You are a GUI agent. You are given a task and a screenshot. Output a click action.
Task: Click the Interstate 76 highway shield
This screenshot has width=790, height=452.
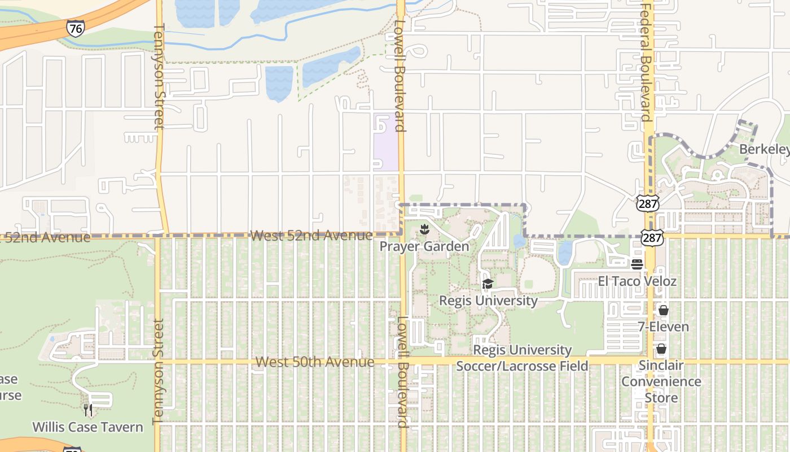[75, 28]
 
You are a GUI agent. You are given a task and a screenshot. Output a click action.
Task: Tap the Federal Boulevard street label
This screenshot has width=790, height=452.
[647, 62]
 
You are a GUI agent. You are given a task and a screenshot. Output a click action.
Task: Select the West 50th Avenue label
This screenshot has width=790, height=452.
[315, 362]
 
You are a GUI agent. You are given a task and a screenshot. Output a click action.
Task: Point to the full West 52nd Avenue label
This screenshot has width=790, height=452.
[311, 235]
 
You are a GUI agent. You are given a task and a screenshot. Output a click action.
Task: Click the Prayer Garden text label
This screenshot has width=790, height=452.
[424, 246]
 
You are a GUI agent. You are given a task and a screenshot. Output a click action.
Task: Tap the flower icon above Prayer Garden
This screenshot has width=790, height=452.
[424, 229]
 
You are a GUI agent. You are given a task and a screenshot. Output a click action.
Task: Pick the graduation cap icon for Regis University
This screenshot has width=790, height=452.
[488, 284]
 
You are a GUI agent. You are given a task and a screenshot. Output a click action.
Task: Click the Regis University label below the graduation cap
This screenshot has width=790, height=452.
[488, 300]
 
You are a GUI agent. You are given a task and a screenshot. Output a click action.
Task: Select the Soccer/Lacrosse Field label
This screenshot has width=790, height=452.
[522, 358]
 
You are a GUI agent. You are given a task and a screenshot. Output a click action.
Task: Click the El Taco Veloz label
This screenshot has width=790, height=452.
[637, 281]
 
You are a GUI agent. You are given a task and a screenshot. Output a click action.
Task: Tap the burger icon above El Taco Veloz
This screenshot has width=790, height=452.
[637, 264]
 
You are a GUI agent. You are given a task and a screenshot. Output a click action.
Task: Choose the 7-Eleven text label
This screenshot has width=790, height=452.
[663, 327]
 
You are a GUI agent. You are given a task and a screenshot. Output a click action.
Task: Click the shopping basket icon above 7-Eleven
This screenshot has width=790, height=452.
[663, 310]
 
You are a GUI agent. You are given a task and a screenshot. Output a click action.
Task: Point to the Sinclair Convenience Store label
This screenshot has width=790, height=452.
[661, 381]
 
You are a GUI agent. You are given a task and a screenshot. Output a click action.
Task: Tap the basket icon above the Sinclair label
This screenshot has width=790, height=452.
[661, 349]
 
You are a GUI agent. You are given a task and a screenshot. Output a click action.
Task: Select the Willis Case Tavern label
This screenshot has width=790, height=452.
[87, 427]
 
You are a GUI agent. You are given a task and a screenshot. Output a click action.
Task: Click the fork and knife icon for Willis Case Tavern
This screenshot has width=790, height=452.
[88, 410]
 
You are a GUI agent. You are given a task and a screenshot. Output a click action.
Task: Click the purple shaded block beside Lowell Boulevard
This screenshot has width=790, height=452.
[385, 141]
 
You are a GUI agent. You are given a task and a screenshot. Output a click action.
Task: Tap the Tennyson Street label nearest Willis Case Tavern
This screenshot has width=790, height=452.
[158, 371]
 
